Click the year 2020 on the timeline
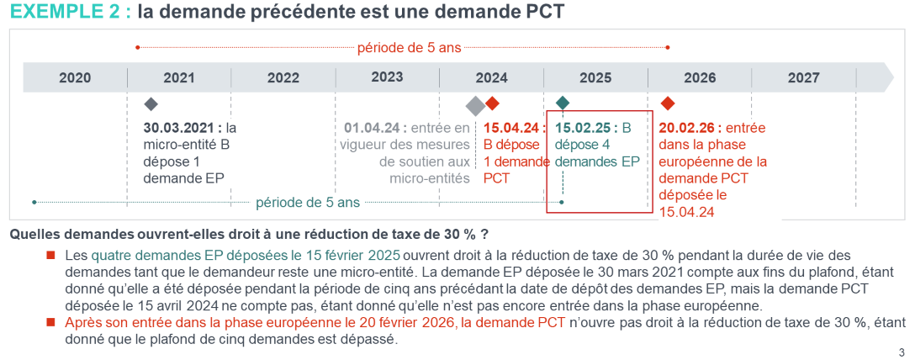[x=75, y=78]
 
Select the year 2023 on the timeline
[x=387, y=77]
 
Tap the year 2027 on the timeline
[x=803, y=78]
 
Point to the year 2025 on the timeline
[x=595, y=78]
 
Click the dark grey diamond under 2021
[x=151, y=104]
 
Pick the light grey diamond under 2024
[x=475, y=105]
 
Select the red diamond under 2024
[x=493, y=103]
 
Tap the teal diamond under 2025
[x=563, y=103]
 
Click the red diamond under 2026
[x=668, y=103]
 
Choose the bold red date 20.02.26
[x=686, y=129]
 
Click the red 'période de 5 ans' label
[x=409, y=48]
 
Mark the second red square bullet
[x=51, y=322]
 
